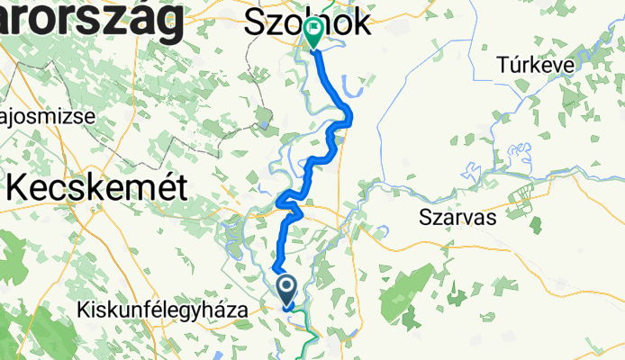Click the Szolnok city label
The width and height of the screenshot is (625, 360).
tap(306, 24)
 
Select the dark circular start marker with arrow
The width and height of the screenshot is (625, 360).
tap(287, 289)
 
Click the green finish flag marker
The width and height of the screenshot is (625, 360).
tap(313, 33)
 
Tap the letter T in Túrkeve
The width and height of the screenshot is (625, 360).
tap(503, 64)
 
